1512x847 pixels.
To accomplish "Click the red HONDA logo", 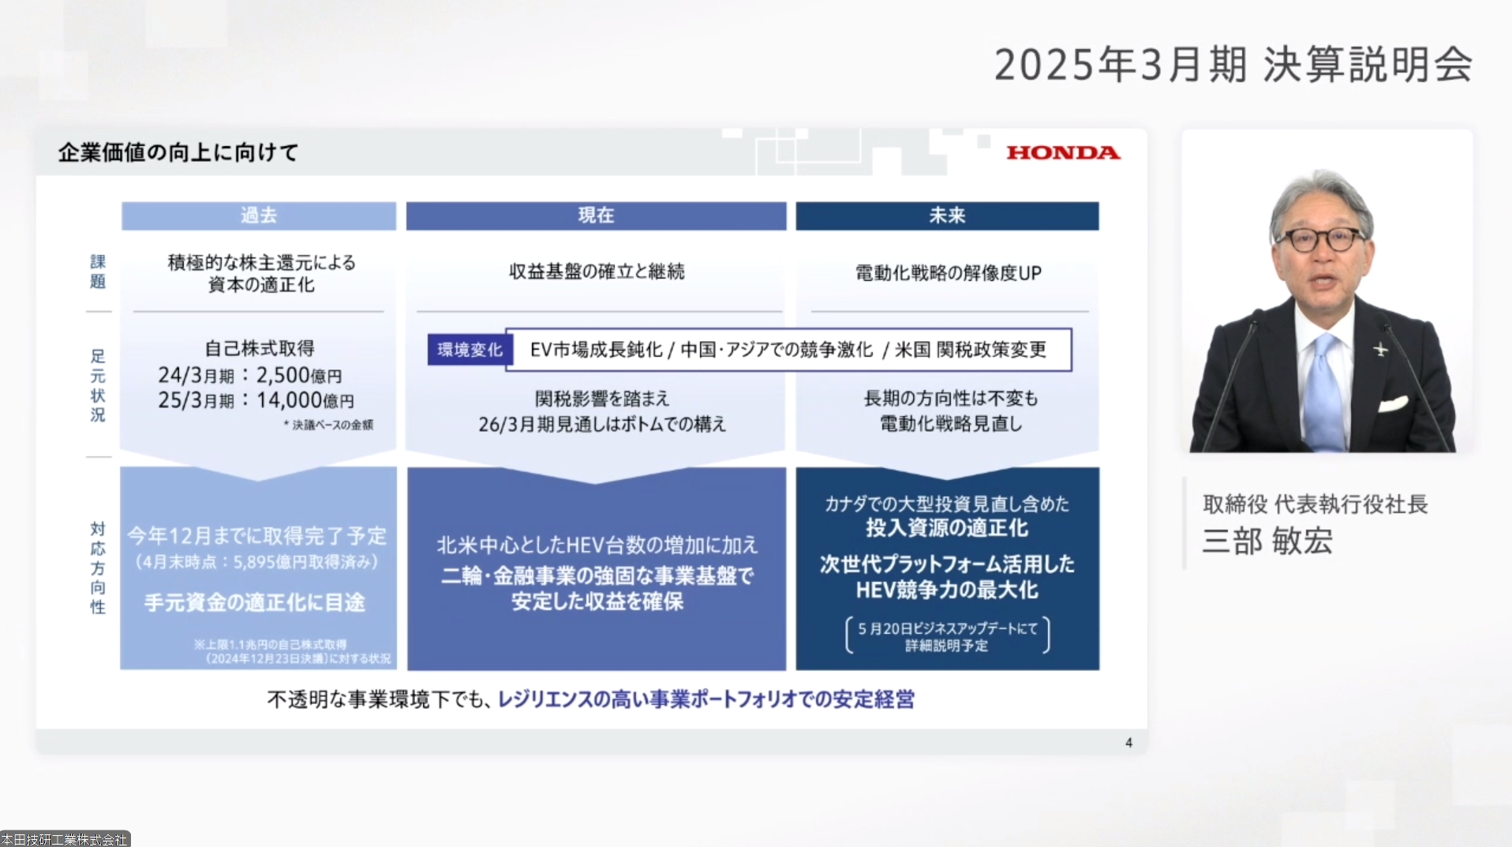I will point(1063,152).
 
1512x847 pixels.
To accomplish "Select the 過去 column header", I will point(258,215).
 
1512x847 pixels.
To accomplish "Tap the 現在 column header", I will point(596,215).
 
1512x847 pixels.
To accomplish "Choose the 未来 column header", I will point(947,215).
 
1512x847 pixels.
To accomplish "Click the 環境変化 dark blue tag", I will point(470,350).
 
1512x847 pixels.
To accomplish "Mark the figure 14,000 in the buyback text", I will point(290,400).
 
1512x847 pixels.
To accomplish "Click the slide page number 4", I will point(1128,743).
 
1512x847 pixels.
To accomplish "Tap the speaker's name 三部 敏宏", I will point(1267,542).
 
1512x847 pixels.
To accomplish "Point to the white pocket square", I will point(1393,404).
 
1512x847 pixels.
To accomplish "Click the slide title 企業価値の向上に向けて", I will point(178,152).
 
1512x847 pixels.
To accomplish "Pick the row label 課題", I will point(97,272).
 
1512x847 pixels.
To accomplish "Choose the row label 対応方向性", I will point(97,568).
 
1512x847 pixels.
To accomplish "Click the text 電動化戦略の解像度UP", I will point(948,273).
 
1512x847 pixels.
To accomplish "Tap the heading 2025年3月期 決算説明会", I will point(1233,65).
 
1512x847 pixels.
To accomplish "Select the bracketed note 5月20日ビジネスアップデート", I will point(947,636).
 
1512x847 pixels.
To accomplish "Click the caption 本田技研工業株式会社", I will point(65,840).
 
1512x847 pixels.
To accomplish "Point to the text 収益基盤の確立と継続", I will point(597,272).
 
